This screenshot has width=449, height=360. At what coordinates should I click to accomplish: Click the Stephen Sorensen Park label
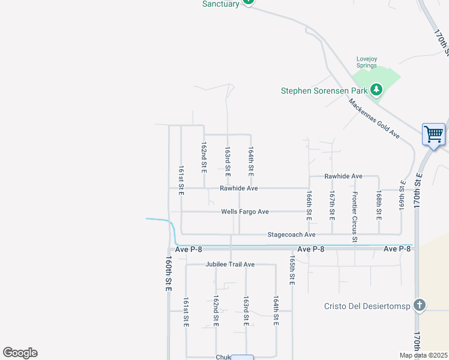[x=324, y=91]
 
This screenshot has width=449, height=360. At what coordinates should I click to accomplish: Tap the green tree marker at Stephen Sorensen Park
[x=376, y=90]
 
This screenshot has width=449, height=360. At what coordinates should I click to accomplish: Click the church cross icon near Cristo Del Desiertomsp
[x=419, y=305]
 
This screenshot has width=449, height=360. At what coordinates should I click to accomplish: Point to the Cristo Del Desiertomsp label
[x=366, y=306]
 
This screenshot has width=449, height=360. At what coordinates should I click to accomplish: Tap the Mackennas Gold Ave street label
[x=374, y=119]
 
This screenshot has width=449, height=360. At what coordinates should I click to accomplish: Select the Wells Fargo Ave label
[x=245, y=212]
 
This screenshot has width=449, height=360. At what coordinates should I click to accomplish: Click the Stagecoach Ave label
[x=291, y=235]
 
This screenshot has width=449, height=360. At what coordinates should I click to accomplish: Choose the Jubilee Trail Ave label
[x=230, y=264]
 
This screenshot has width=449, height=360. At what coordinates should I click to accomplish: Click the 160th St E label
[x=169, y=275]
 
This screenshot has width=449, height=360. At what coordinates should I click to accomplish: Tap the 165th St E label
[x=292, y=272]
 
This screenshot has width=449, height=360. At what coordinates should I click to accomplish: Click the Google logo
[x=20, y=353]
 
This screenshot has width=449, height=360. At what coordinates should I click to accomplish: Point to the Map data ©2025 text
[x=424, y=355]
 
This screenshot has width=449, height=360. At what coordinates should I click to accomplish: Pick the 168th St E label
[x=379, y=204]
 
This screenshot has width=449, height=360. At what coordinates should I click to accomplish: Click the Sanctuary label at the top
[x=220, y=4]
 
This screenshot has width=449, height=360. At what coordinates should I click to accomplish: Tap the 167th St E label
[x=332, y=204]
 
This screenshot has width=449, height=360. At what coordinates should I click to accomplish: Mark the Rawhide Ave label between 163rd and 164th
[x=238, y=188]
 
